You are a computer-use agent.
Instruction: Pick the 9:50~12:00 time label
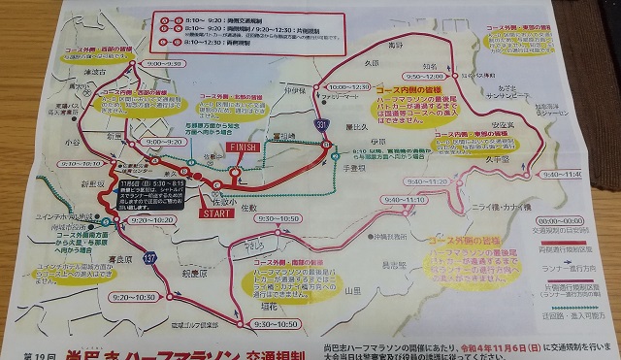(x=398, y=75)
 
